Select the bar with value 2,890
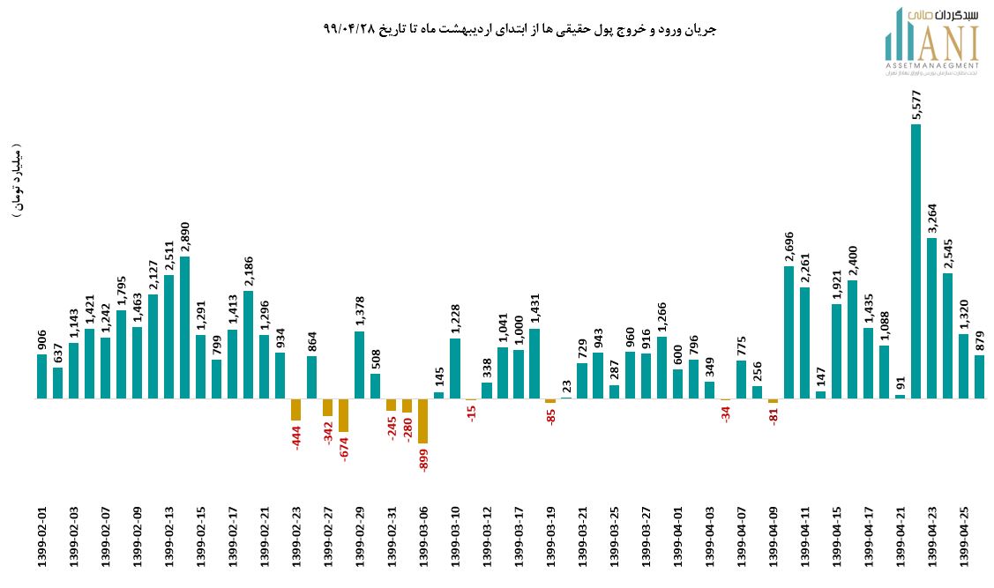(184, 327)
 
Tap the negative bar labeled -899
(422, 421)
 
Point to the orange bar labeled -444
(296, 409)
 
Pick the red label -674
(344, 447)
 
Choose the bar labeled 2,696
(789, 332)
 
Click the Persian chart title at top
(520, 29)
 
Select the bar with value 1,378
(360, 364)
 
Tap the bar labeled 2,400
(853, 339)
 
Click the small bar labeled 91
(900, 396)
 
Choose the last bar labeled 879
(980, 376)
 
